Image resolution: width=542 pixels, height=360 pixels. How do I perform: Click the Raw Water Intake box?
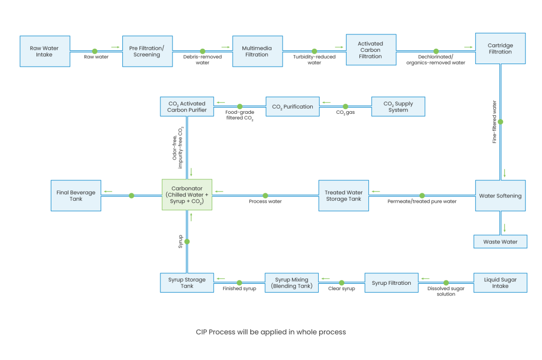tap(44, 51)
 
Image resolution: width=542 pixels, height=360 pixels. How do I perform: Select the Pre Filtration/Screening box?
tap(148, 51)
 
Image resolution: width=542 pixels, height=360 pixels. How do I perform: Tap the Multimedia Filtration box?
tap(257, 51)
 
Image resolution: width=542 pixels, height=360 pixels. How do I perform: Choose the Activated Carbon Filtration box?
tap(371, 50)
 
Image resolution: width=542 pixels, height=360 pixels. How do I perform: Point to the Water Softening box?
tap(500, 196)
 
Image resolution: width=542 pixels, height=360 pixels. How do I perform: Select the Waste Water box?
tap(500, 242)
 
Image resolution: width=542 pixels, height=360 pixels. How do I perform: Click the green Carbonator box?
tap(187, 195)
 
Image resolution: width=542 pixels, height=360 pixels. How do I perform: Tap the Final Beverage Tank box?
tap(76, 196)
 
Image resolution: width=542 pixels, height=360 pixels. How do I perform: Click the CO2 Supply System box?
tap(398, 107)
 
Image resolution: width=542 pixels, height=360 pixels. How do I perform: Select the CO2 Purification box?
tap(293, 107)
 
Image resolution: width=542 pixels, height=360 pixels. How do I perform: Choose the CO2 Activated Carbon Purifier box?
tap(187, 107)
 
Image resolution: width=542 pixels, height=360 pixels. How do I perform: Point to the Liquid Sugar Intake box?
tap(500, 283)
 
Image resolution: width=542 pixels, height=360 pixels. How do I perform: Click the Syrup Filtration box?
tap(391, 283)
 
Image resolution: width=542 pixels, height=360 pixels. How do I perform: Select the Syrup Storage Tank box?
tap(187, 283)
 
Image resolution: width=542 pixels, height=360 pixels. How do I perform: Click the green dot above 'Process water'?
tap(265, 196)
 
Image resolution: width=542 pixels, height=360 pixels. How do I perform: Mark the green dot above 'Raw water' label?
tap(95, 51)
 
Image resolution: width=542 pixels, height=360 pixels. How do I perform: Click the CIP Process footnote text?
tap(270, 332)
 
